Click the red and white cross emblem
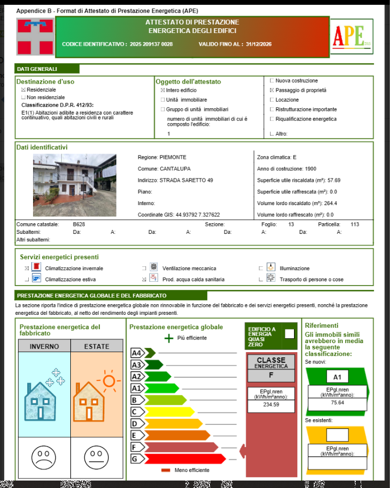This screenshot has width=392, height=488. click(35, 37)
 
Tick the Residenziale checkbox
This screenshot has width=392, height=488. click(23, 90)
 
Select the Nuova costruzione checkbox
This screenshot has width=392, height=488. click(272, 81)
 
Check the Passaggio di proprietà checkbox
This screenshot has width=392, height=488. click(272, 91)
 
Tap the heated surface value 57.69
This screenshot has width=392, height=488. click(334, 181)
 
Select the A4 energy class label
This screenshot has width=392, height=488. click(137, 353)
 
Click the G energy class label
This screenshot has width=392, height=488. click(135, 459)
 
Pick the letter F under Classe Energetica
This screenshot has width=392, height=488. click(271, 375)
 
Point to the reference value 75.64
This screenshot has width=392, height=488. click(337, 403)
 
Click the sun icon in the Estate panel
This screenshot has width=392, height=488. click(109, 381)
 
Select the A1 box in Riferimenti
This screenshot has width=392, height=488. click(337, 377)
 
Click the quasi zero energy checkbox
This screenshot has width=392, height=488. click(289, 334)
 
